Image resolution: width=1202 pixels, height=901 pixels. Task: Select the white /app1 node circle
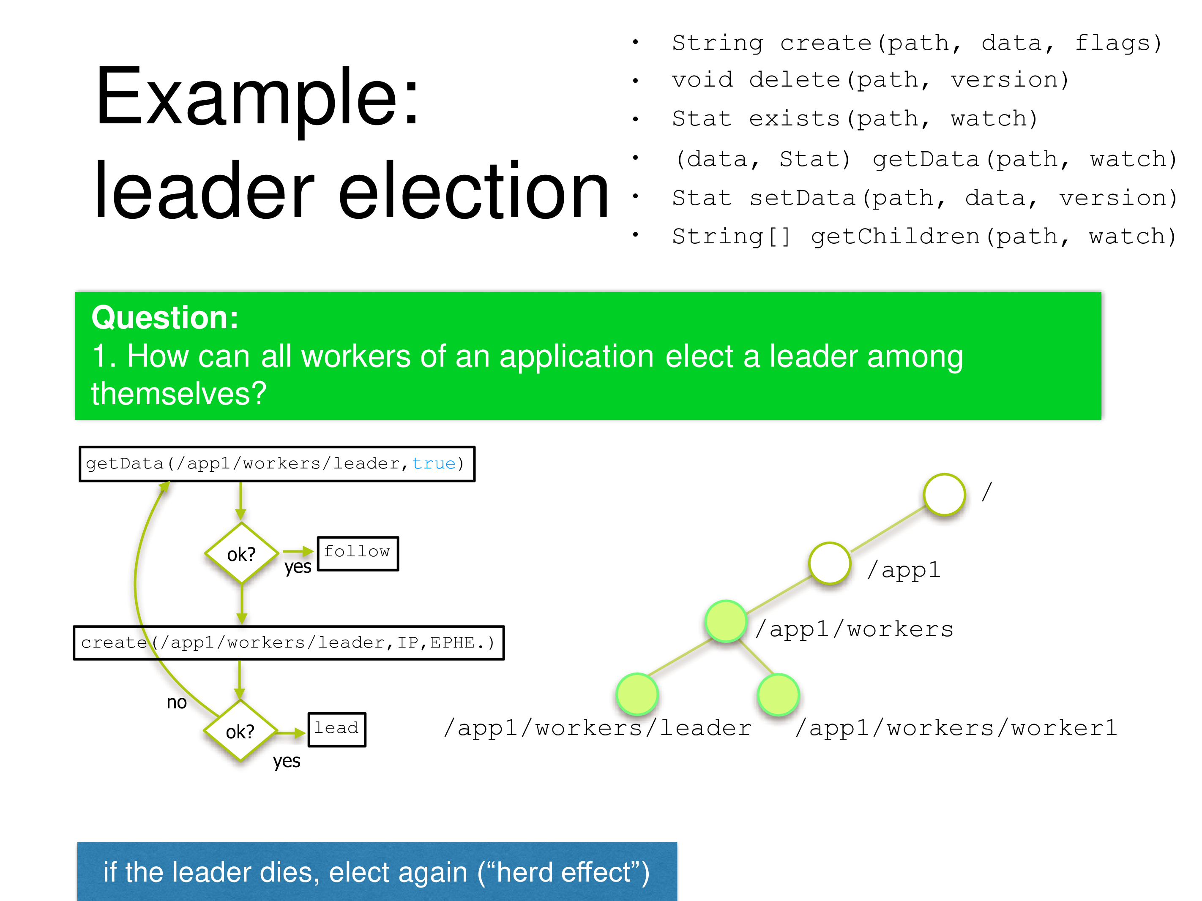[829, 563]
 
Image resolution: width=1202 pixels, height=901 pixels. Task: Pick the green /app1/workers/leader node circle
[637, 694]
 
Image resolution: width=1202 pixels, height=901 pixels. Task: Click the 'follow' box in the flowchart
[358, 553]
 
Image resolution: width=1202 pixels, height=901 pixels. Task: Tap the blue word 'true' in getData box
[434, 463]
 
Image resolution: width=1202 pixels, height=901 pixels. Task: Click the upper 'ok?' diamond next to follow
[241, 553]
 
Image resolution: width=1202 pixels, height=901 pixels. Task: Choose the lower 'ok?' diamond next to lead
[240, 731]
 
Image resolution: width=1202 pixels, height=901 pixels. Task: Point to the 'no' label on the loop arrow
[177, 702]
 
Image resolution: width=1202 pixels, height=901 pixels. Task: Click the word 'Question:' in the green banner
[165, 317]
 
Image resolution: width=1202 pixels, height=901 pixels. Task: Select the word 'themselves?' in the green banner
[179, 393]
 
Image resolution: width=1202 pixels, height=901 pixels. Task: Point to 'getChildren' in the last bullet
[896, 236]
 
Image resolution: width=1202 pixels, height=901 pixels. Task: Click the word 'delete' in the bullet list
[795, 80]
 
